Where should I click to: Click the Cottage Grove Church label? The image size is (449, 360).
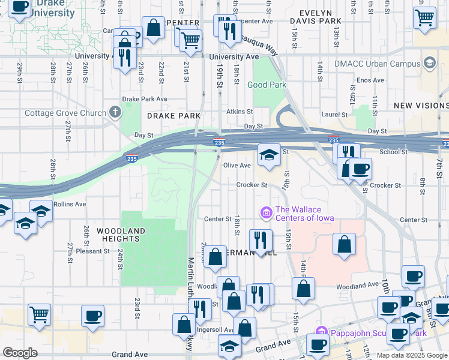point(64,113)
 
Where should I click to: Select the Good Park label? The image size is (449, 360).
point(267,85)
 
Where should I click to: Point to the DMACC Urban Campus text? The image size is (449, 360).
point(386,64)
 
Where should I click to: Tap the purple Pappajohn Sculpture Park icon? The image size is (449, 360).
point(321,332)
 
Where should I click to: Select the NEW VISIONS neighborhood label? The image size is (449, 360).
point(420,106)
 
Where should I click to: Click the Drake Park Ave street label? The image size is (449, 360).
point(144,99)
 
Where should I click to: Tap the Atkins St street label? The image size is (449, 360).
point(240,112)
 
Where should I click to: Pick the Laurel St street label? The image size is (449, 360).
point(336,115)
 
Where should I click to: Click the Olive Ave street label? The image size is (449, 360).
point(237,166)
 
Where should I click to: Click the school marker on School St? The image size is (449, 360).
point(270,155)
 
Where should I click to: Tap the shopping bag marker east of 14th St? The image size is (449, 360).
point(343,244)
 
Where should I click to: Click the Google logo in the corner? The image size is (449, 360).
point(20,353)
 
